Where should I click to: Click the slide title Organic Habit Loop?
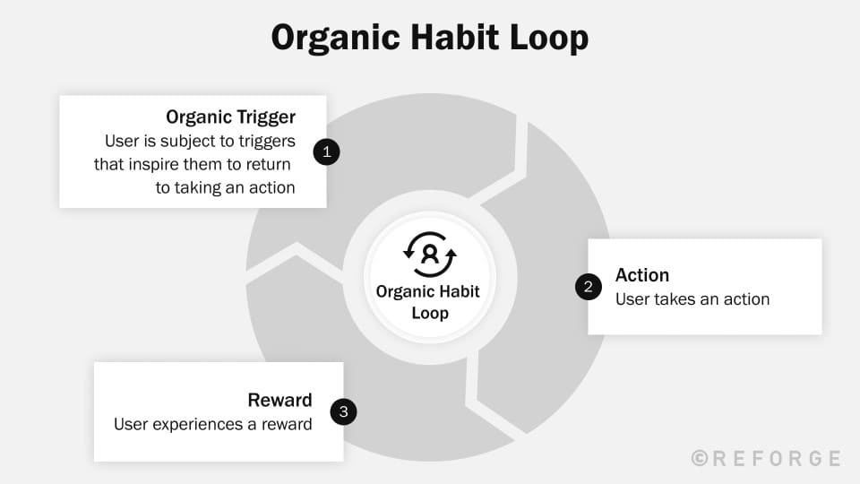(x=430, y=39)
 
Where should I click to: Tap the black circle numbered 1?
(x=326, y=152)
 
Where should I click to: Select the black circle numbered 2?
(x=588, y=287)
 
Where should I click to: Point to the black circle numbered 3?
(x=343, y=412)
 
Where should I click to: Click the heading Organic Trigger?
(x=231, y=117)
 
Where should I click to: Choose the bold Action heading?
(x=642, y=275)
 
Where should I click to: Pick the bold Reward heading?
(x=279, y=400)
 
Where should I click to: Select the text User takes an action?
(x=692, y=299)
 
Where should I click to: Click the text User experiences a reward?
(x=213, y=424)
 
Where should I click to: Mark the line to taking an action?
(x=226, y=188)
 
